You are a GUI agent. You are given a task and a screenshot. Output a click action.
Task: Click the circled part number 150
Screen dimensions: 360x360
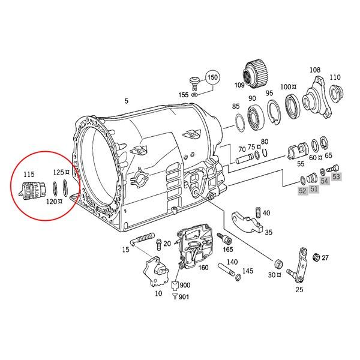(x=213, y=79)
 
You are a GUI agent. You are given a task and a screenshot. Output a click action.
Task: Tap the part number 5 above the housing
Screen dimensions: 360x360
(x=126, y=100)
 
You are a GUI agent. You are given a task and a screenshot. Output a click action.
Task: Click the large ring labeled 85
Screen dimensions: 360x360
(x=238, y=124)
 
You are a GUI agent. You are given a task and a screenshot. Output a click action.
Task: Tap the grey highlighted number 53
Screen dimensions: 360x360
(x=336, y=176)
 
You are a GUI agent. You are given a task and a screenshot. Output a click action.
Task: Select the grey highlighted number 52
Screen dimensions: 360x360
(x=302, y=190)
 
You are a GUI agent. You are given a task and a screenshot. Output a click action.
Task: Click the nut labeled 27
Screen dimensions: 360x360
(x=315, y=257)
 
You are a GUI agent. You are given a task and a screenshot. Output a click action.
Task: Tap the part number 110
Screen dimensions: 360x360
(x=335, y=77)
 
